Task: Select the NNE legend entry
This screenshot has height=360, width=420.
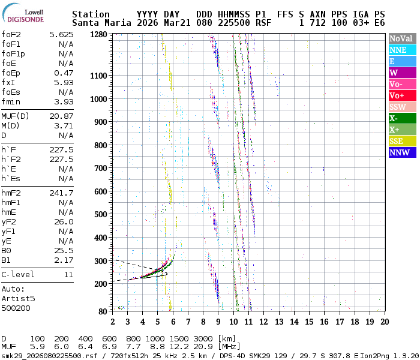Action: (x=401, y=50)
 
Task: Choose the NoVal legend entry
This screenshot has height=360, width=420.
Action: (x=401, y=38)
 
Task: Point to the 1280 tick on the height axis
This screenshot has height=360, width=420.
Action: (x=98, y=35)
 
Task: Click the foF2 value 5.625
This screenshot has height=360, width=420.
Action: (x=61, y=35)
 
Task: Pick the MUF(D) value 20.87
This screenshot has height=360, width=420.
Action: (x=61, y=116)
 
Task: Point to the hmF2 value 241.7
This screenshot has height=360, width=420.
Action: (x=61, y=193)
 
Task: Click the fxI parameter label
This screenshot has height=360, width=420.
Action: (x=8, y=82)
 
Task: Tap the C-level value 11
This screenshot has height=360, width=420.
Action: (x=68, y=274)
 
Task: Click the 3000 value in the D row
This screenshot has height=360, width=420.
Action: (x=203, y=339)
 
